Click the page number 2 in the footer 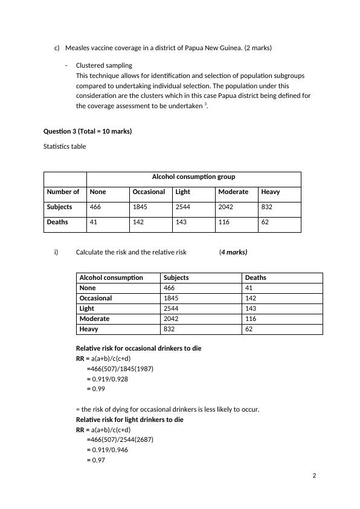coord(314,475)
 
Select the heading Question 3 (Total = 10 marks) coord(87,131)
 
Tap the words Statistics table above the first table coord(65,146)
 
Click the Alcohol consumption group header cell coord(193,177)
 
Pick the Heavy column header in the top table coord(271,192)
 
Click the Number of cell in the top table coord(63,192)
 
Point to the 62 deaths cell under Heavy coord(266,222)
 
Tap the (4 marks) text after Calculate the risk coord(233,252)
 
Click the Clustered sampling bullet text coord(104,65)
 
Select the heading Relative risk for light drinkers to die coord(129,420)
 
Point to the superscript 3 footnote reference coord(206,104)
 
